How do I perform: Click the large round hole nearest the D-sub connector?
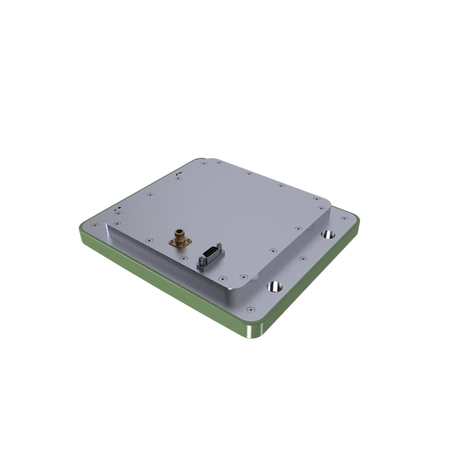point(275,285)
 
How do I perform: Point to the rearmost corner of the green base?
point(191,158)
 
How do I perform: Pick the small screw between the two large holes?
point(302,261)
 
